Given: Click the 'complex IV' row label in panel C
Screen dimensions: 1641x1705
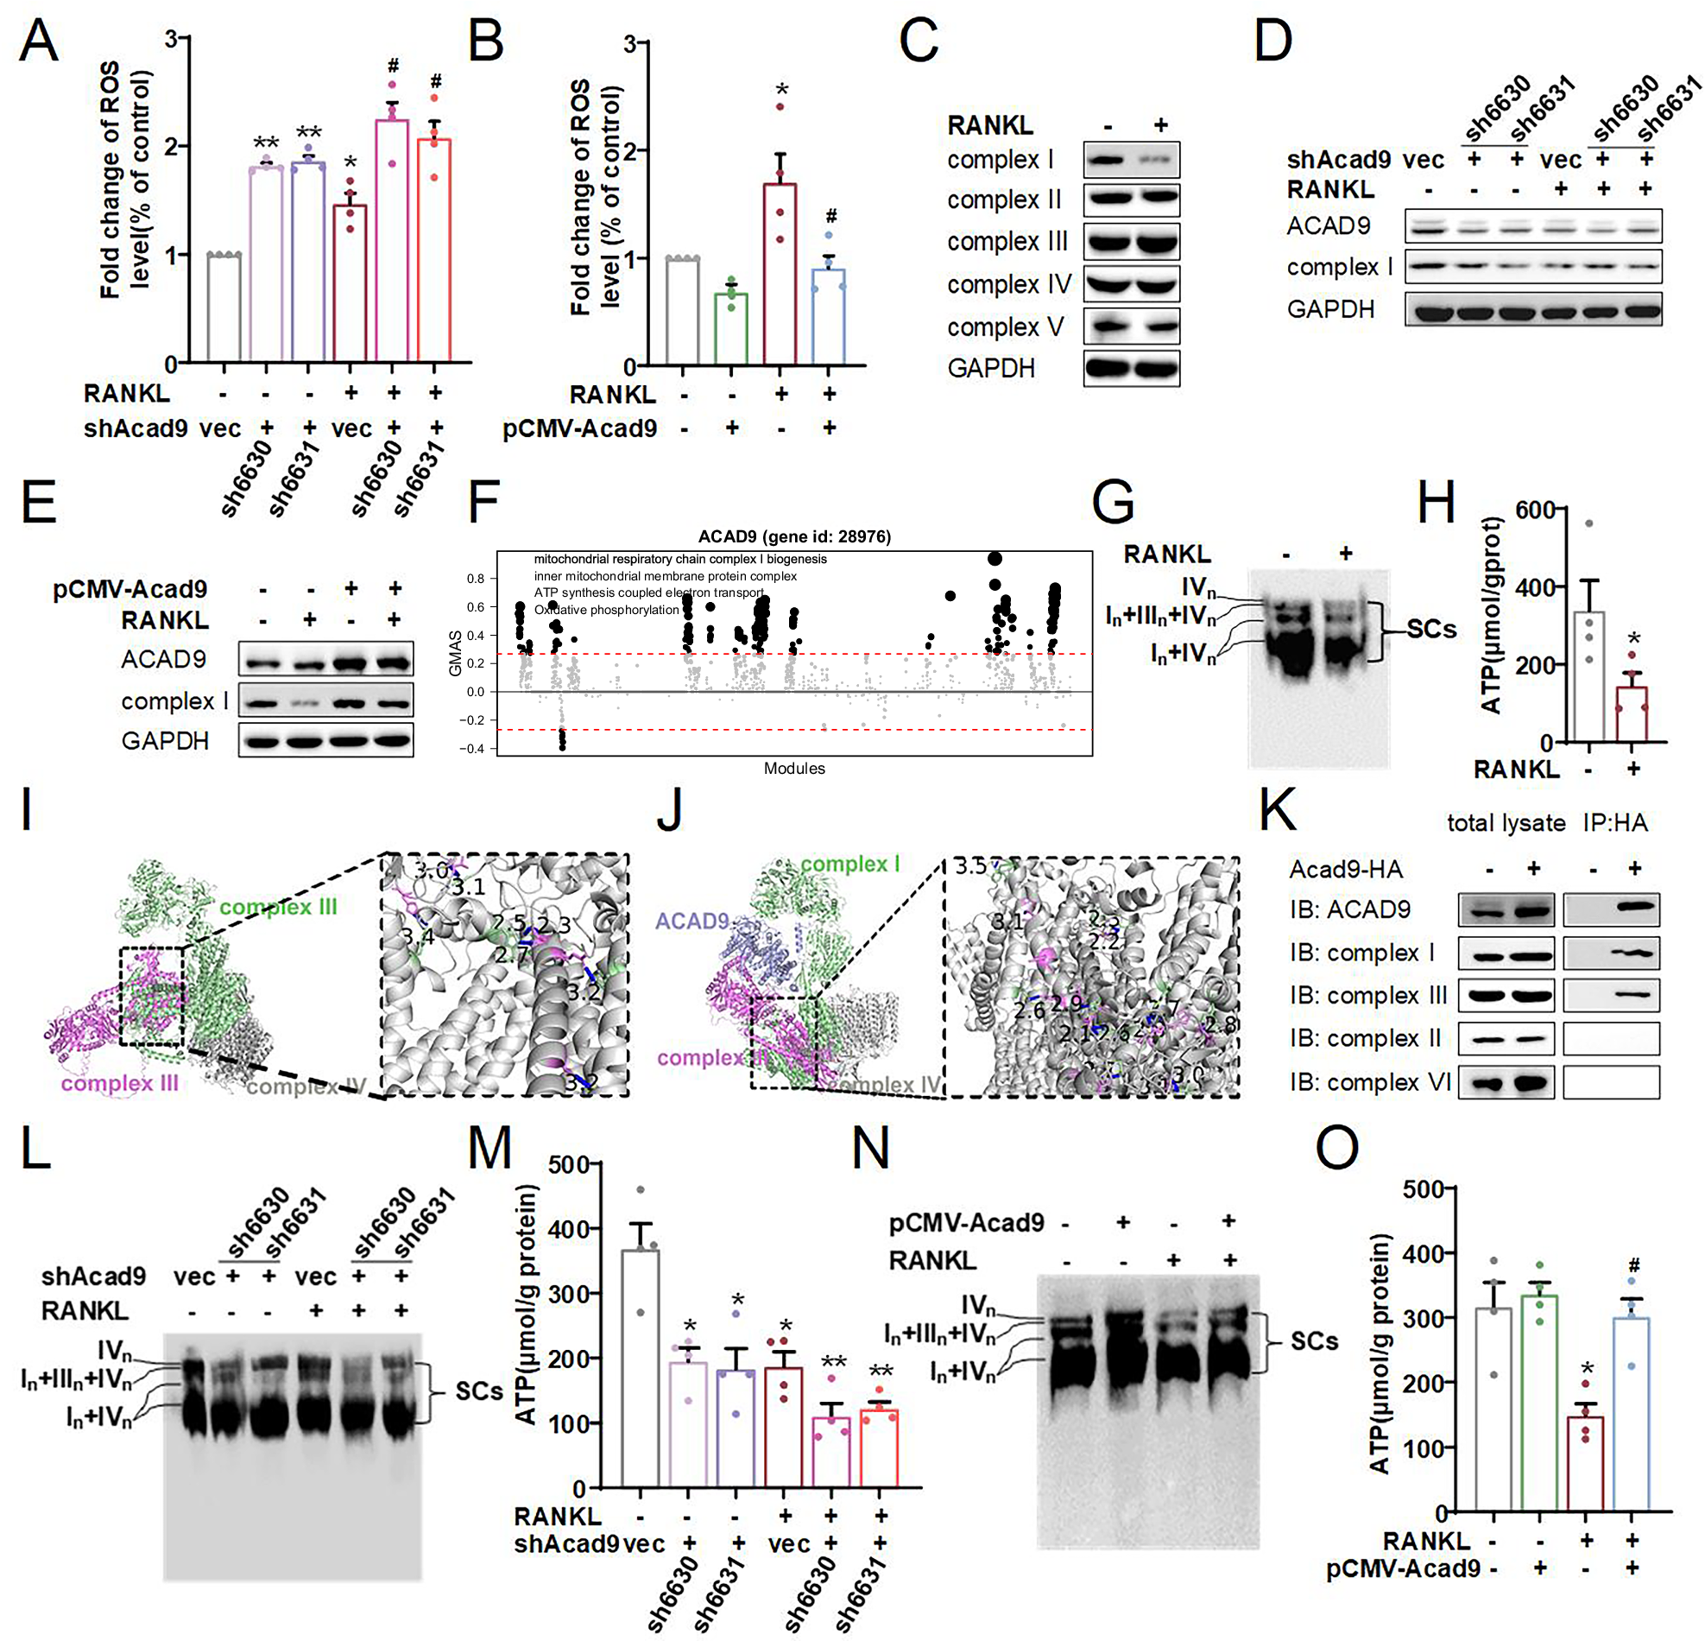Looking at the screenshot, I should coord(1008,283).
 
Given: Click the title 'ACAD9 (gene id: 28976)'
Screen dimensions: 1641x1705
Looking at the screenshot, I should coord(794,536).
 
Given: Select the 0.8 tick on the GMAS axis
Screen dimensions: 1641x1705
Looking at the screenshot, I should coord(476,579).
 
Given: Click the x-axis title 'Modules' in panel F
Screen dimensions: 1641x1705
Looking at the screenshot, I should coord(794,768).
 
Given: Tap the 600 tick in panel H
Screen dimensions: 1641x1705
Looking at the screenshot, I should coord(1535,510).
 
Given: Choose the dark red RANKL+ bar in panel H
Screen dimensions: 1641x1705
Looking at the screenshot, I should coord(1632,713).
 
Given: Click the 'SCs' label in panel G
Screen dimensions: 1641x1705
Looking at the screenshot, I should coord(1431,628).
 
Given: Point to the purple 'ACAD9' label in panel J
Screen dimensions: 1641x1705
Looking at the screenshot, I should coord(691,921).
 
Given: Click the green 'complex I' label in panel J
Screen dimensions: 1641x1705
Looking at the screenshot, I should coord(849,863).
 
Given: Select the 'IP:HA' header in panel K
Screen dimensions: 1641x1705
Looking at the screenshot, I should coord(1614,822).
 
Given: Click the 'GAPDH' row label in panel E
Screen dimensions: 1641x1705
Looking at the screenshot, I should coord(164,740).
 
